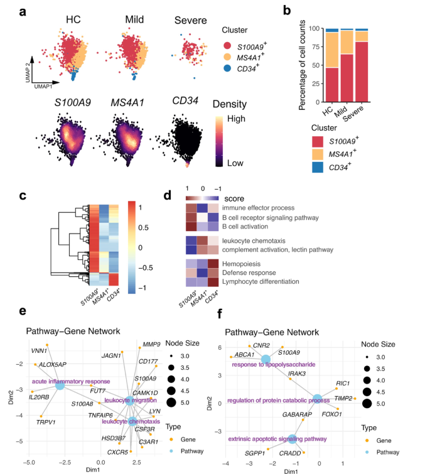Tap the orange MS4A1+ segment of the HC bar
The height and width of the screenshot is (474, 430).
click(332, 49)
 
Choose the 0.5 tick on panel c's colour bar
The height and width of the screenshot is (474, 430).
click(143, 227)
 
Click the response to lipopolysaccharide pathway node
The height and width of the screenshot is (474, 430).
click(266, 360)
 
